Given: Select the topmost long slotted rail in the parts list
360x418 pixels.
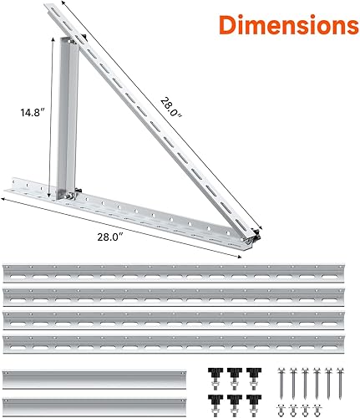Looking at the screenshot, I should tap(180, 273).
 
